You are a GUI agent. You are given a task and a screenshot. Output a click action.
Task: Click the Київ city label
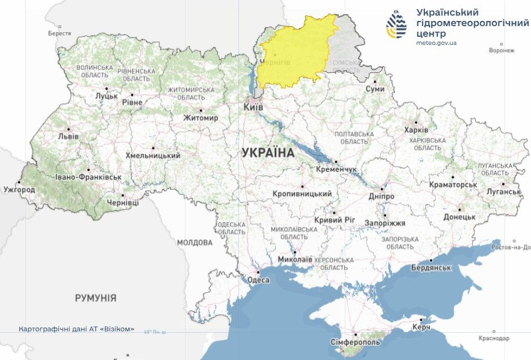coord(253,107)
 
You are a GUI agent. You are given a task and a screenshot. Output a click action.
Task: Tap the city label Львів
coord(68,137)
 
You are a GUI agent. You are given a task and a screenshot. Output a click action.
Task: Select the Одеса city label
coord(258,280)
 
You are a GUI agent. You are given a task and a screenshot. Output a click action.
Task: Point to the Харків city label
coord(412,130)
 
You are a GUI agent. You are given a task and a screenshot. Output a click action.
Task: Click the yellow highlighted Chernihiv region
coord(295,54)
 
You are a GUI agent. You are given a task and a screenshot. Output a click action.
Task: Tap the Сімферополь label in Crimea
coord(356,342)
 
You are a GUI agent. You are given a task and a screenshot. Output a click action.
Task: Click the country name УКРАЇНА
coord(268,153)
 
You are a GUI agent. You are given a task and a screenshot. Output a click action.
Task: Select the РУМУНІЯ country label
coord(95,298)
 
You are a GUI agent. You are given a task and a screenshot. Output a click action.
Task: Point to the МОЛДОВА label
coord(195,242)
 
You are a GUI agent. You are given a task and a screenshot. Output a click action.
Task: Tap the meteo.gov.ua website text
coord(436,43)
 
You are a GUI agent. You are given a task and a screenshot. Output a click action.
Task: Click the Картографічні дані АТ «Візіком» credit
coord(77,329)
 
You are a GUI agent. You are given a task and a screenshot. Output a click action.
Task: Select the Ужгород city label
coord(19,189)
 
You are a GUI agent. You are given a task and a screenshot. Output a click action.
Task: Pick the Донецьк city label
coord(460,217)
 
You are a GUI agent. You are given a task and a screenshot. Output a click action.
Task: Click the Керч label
coord(421,328)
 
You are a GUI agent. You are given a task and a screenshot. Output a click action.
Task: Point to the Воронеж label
coord(501,50)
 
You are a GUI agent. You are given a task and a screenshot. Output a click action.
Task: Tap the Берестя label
coord(60,34)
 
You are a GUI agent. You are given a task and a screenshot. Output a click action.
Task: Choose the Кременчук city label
coord(337,170)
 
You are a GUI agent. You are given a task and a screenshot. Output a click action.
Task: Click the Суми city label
coord(374,89)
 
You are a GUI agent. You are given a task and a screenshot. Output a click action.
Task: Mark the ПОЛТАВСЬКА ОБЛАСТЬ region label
coord(355,137)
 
